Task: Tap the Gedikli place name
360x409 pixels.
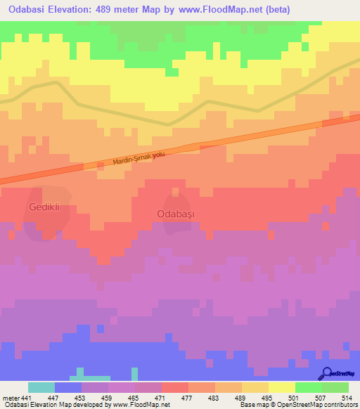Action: point(46,207)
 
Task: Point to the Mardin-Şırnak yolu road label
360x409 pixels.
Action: point(138,160)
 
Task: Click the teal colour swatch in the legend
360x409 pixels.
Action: point(41,387)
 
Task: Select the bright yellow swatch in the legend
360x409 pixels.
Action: point(282,387)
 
